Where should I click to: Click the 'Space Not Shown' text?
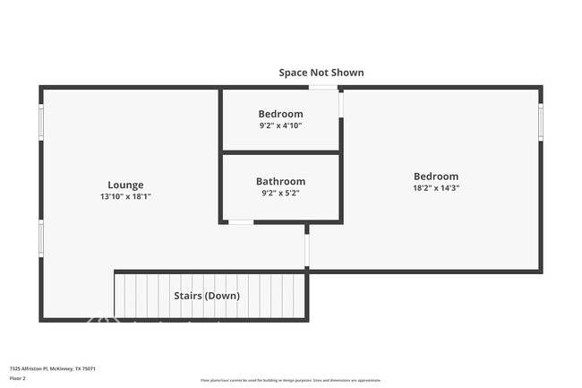coord(321,73)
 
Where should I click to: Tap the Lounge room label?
coord(125,185)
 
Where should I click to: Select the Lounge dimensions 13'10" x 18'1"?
coord(125,196)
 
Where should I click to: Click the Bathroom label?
coord(280,181)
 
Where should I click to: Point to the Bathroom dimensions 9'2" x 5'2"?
coord(280,192)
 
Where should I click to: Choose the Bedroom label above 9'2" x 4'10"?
coord(280,114)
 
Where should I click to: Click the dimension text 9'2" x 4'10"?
coord(280,125)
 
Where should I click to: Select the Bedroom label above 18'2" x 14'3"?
coord(435,177)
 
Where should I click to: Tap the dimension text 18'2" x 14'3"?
coord(435,188)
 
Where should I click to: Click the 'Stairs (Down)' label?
coord(205,296)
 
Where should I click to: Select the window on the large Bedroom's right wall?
coord(540,122)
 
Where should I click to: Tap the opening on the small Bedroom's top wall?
coord(323,87)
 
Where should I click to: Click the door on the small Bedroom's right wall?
coord(340,105)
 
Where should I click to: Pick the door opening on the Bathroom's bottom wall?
coord(240,221)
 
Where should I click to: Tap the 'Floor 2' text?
coord(19,378)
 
